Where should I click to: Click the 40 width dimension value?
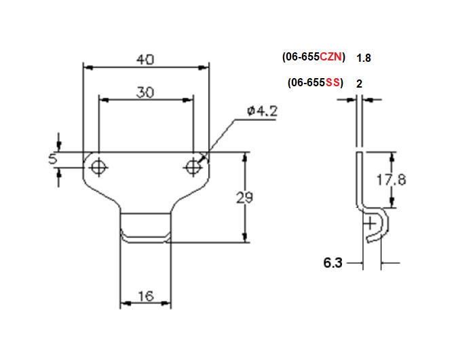(144, 60)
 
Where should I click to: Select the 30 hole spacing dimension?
(145, 92)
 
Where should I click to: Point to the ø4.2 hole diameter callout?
(262, 111)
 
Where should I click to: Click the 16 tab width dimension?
(145, 296)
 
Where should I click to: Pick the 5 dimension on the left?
(52, 159)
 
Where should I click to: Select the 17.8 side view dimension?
(391, 179)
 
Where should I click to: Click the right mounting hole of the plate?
(194, 165)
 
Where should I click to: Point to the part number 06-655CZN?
(314, 58)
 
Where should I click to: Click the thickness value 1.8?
(364, 58)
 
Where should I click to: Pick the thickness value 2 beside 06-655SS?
(359, 84)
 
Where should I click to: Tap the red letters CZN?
(331, 58)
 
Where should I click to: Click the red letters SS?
(333, 83)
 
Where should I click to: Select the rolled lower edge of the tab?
(145, 238)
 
